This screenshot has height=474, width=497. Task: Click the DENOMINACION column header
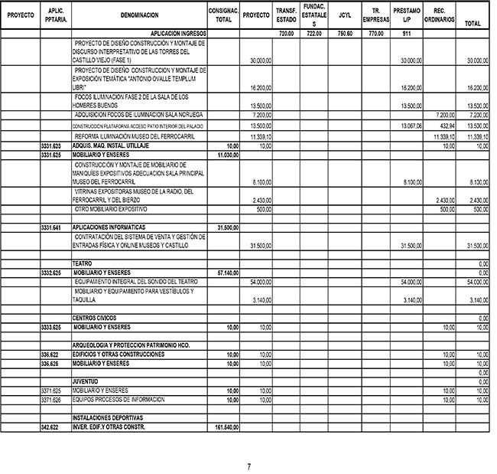point(139,15)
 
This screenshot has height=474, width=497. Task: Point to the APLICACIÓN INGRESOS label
point(178,34)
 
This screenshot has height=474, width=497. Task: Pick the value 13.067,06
point(411,125)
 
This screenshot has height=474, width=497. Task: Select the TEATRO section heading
point(82,263)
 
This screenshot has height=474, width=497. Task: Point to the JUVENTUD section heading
point(86,381)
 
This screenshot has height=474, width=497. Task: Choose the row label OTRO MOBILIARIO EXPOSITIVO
point(111,209)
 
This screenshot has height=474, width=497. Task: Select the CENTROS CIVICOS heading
point(96,317)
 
